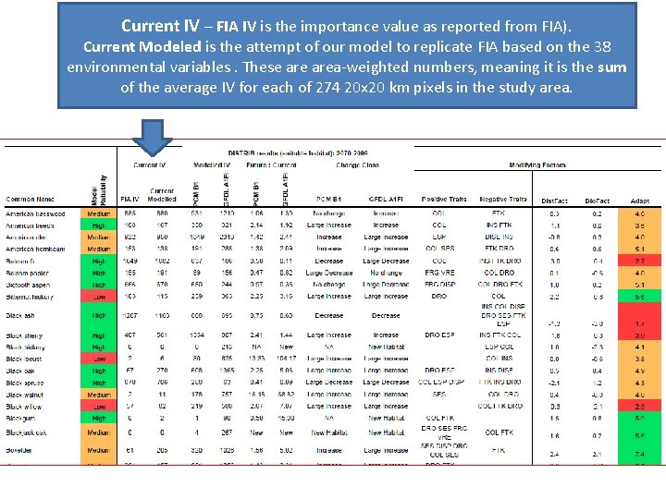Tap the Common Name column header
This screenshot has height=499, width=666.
coord(30,199)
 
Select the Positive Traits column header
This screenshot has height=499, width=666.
coord(444,199)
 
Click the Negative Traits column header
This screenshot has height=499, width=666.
coord(503,199)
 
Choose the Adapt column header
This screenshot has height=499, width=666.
coord(639,200)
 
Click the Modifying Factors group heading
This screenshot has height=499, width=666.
coord(537,165)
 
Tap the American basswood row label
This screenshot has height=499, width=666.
coord(35,213)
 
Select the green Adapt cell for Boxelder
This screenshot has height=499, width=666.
coord(639,455)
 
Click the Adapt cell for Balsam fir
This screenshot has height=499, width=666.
coord(639,262)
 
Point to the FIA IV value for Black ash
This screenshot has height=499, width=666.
coord(129,315)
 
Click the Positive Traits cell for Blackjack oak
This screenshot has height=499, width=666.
coord(444,432)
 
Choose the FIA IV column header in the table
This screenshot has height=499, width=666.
coord(129,199)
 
